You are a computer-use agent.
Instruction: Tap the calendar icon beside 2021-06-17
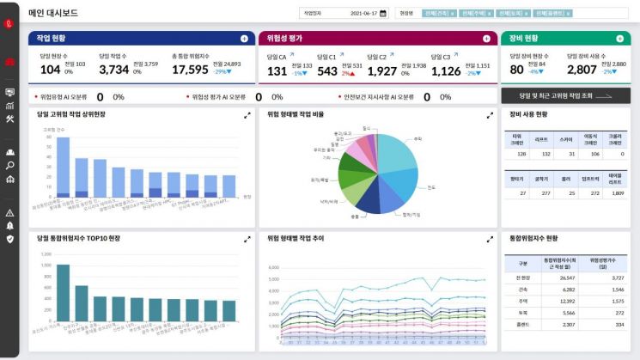pos(383,13)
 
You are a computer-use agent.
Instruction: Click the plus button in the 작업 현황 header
pos(244,39)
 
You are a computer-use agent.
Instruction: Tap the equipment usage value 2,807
pos(582,70)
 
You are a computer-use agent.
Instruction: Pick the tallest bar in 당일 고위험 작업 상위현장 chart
pos(63,168)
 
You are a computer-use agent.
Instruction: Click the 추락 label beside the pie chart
pos(418,138)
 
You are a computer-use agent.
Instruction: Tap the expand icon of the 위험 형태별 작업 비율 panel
pos(490,114)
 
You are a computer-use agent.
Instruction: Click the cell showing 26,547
pos(566,278)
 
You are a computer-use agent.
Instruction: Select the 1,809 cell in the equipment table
pos(616,193)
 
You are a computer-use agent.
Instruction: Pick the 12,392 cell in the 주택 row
pos(566,301)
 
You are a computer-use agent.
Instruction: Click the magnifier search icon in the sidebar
pos(9,165)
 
